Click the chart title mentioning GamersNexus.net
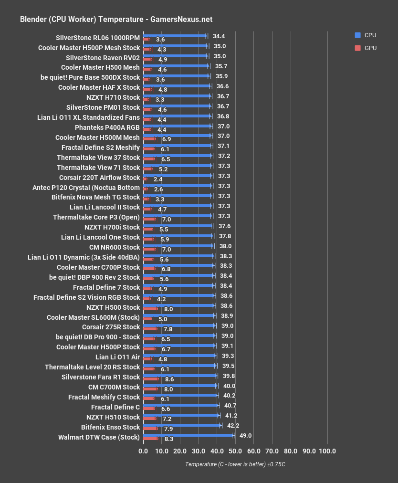tap(116, 20)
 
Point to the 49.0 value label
tap(245, 435)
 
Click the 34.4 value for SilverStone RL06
tap(219, 36)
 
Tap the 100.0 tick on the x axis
tap(327, 451)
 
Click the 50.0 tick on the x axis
tap(235, 451)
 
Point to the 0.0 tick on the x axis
tap(143, 451)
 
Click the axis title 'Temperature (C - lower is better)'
tap(235, 464)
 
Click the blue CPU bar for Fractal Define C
tap(181, 405)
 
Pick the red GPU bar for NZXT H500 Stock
tap(150, 309)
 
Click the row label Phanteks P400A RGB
tap(107, 127)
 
